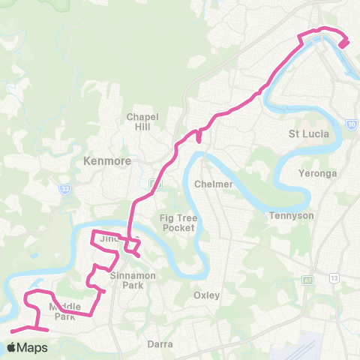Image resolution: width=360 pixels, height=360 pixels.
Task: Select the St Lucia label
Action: pyautogui.click(x=305, y=135)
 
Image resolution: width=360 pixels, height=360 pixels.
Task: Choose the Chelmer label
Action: pyautogui.click(x=210, y=184)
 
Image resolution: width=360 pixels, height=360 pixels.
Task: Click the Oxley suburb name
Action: pyautogui.click(x=206, y=295)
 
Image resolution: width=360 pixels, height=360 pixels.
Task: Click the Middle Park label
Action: pyautogui.click(x=64, y=311)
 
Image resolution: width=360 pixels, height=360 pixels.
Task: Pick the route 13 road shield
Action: pyautogui.click(x=334, y=278)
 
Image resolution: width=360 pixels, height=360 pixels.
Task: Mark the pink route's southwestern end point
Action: pyautogui.click(x=13, y=331)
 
